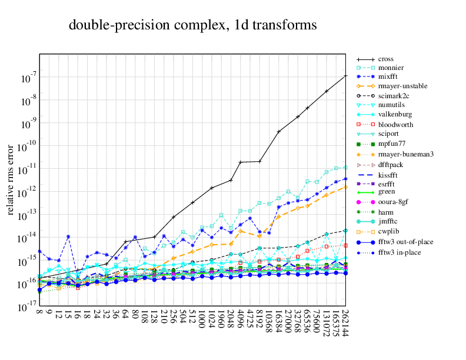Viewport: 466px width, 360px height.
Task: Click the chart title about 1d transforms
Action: pos(193,25)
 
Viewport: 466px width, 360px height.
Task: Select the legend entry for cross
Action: pos(386,59)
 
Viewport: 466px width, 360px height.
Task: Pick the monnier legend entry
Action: pos(391,68)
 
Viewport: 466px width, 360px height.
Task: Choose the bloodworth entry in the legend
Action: pos(395,125)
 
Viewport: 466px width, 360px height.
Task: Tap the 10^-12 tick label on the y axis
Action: pos(28,191)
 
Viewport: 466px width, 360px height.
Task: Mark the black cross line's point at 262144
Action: pos(345,76)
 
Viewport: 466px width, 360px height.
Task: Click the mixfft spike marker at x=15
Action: pos(68,236)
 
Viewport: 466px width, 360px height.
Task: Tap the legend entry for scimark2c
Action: pos(394,95)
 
